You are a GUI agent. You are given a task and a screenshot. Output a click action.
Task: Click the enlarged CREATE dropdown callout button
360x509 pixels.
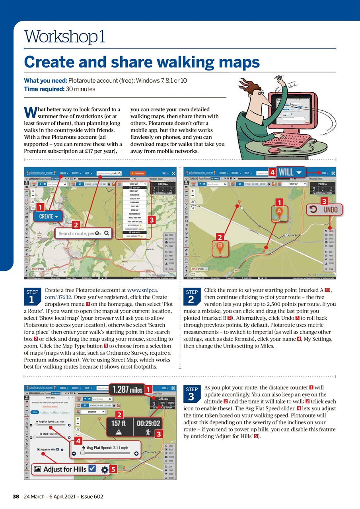(x=51, y=216)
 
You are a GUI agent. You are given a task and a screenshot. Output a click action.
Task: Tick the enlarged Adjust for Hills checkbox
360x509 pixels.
(x=92, y=469)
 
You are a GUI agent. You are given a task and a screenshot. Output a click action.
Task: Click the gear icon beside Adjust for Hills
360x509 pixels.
(x=105, y=470)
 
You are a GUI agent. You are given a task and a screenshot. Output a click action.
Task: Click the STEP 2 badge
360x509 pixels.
(x=191, y=297)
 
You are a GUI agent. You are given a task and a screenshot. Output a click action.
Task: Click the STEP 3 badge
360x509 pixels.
(x=191, y=394)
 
